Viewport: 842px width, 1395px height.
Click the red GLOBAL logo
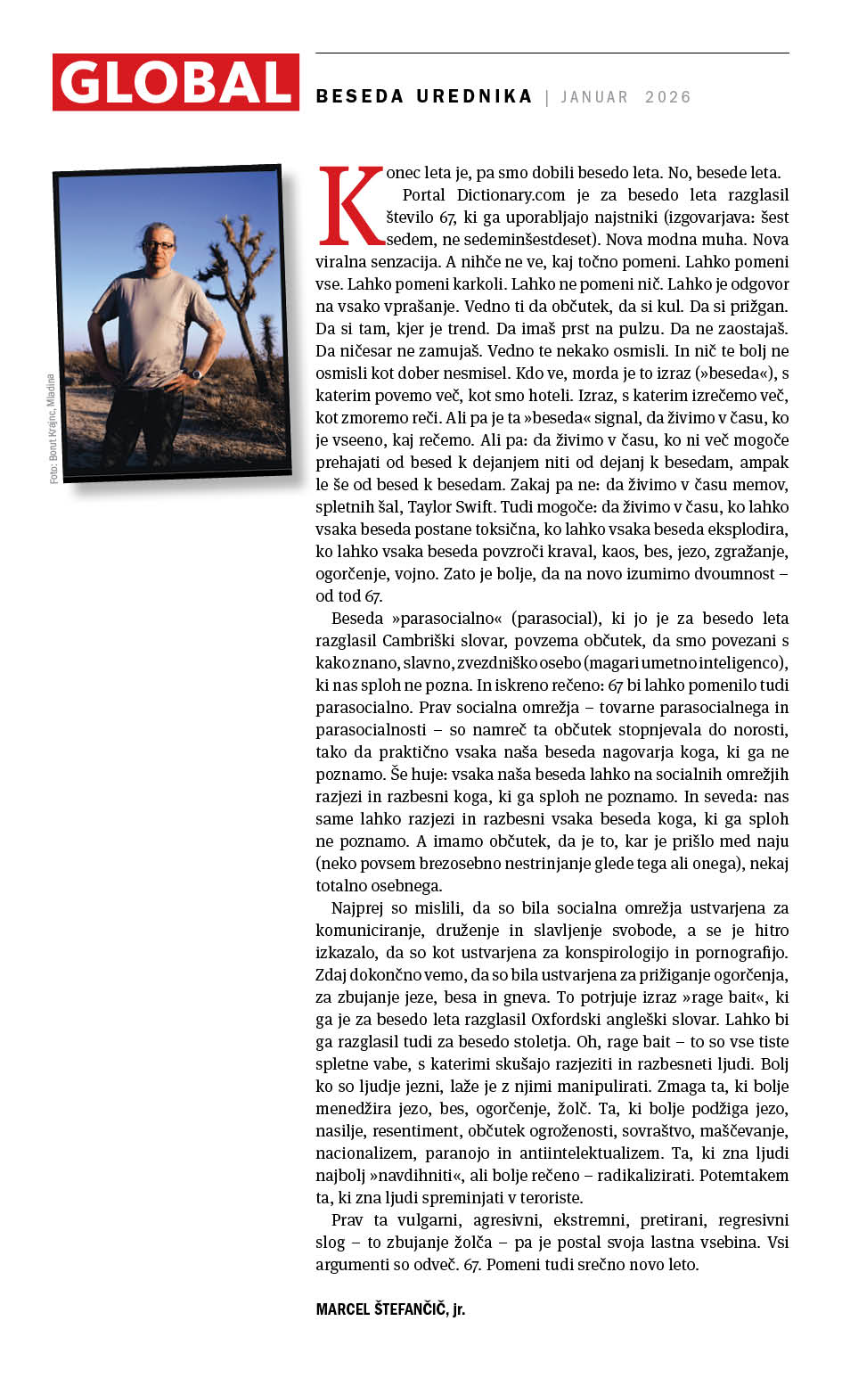tap(176, 82)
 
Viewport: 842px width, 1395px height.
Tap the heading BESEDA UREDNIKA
tap(424, 96)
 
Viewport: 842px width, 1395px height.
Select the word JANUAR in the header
tap(594, 97)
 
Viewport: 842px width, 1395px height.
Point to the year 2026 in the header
tap(668, 97)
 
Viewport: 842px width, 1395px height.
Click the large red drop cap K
tap(350, 206)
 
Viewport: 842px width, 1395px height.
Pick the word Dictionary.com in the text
tap(511, 195)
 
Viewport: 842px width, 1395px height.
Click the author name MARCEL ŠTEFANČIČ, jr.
tap(390, 1309)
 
